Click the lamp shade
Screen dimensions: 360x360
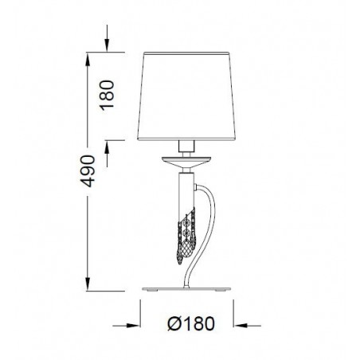[x=186, y=96]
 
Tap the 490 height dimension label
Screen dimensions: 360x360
[x=88, y=171]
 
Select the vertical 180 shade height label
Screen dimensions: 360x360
[x=107, y=95]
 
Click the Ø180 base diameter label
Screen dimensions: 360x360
[x=191, y=323]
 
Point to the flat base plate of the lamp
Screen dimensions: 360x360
[x=186, y=289]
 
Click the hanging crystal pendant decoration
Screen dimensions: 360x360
[x=186, y=236]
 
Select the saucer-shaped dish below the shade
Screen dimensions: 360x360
[x=186, y=162]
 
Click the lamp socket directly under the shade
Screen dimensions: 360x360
[x=186, y=146]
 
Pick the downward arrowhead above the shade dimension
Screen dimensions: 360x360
[x=107, y=45]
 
